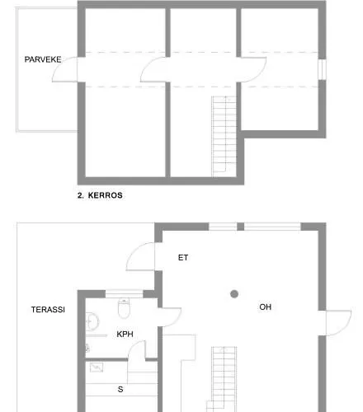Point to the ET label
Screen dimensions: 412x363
pyautogui.click(x=183, y=258)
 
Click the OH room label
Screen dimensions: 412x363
pyautogui.click(x=266, y=307)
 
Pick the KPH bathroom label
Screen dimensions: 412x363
pyautogui.click(x=125, y=335)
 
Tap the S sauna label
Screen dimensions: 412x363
pyautogui.click(x=120, y=389)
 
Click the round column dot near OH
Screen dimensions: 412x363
pyautogui.click(x=234, y=294)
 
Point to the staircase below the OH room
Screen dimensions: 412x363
pyautogui.click(x=222, y=379)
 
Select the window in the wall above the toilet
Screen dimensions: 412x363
pyautogui.click(x=124, y=292)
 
